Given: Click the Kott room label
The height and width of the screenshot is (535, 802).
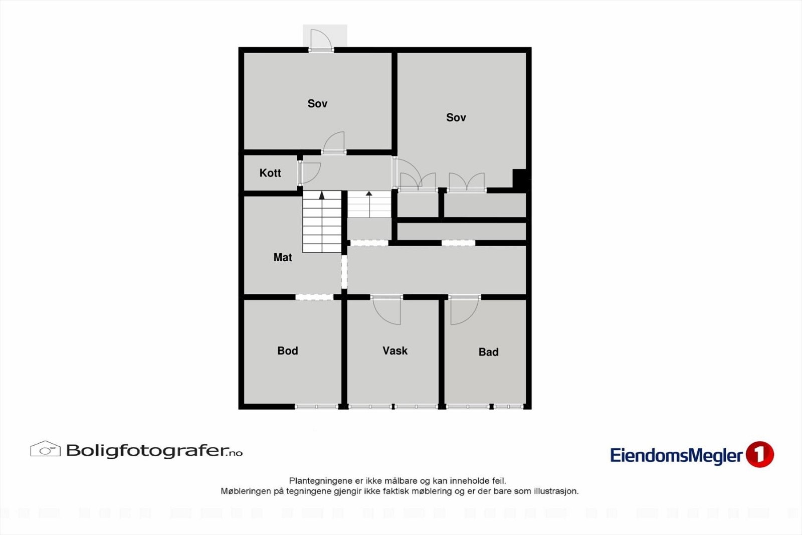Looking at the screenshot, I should coord(270,173).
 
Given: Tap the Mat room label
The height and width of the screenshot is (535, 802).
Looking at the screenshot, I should coord(283,257).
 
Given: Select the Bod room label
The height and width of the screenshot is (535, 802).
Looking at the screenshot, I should coord(288,351).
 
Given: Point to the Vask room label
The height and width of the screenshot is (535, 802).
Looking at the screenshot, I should coord(395,351).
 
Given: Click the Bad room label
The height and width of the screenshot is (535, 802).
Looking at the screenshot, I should coord(488,352).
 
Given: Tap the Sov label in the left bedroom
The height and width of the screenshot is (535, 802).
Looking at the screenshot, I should coord(317,104).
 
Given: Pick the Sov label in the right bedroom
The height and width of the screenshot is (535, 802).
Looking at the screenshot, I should coord(456,117).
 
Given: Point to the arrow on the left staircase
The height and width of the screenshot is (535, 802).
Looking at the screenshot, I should coord(322,195).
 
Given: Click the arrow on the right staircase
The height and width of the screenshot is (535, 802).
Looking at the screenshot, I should coord(369,194).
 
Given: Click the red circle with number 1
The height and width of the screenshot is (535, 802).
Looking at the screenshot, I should coord(759,454).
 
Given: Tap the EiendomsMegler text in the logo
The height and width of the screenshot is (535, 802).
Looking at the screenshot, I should coord(676,455).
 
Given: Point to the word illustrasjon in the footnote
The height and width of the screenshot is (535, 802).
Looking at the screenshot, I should coord(555,491).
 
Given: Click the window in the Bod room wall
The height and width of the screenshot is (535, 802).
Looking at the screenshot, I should coord(316,407).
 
